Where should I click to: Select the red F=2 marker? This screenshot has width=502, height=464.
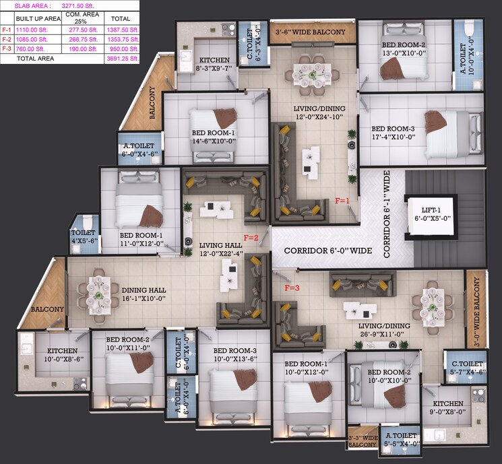coord(251,237)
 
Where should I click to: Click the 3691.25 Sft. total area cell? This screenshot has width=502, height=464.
coord(125,59)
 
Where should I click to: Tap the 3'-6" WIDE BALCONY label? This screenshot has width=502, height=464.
coord(310,32)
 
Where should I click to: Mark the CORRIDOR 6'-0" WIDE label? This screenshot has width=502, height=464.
coord(327,251)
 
